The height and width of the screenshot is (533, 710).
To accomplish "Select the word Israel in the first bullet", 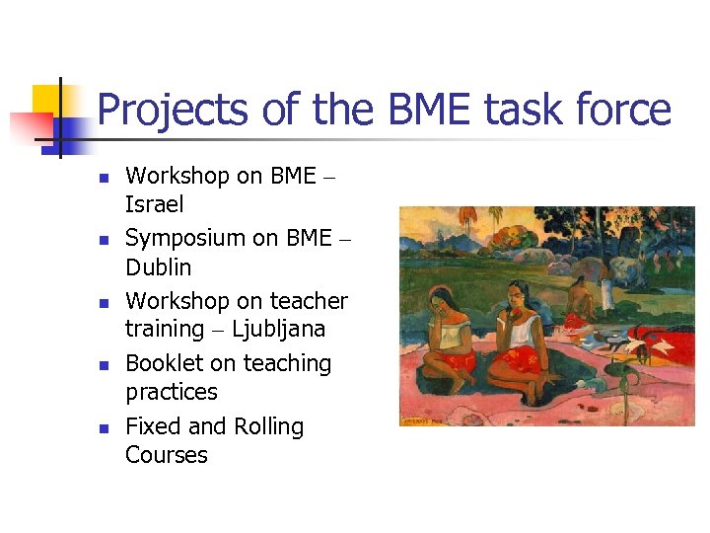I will (154, 205).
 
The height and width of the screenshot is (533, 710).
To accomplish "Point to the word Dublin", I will (158, 267).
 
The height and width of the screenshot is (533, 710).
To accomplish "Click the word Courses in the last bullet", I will (166, 455).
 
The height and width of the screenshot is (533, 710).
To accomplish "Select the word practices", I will (171, 392).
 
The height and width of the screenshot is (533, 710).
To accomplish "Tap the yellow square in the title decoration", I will (47, 100).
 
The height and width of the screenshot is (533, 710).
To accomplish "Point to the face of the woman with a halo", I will (443, 297).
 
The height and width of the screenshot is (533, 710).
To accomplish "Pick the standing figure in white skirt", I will (603, 286).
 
